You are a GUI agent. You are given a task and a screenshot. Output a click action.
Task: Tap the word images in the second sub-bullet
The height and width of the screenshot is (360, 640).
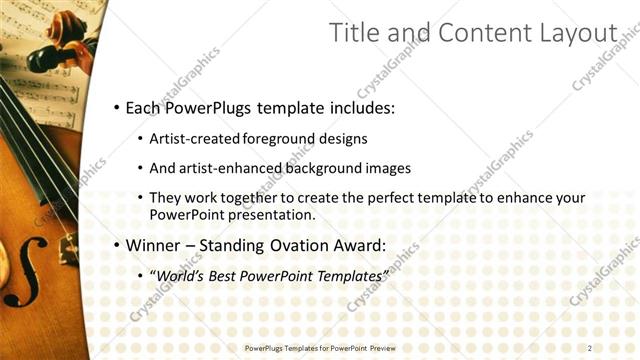coord(386,168)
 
